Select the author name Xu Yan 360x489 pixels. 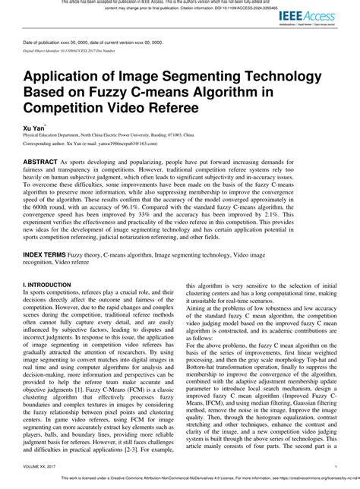coord(33,131)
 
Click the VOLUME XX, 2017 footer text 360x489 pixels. coord(45,465)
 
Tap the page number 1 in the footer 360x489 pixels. coord(335,465)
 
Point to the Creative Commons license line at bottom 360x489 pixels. coord(197,480)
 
